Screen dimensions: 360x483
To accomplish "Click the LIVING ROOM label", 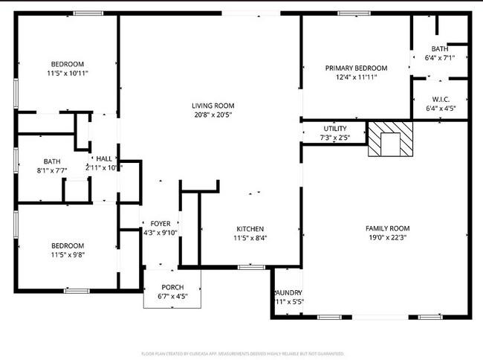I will [x=213, y=106].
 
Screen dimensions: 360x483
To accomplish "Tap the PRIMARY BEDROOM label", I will [x=356, y=68].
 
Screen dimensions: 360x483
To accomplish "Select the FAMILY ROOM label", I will [x=386, y=228].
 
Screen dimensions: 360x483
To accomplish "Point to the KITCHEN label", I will [x=250, y=228].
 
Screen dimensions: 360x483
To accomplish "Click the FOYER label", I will [x=161, y=223].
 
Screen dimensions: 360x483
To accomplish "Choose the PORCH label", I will [x=172, y=287].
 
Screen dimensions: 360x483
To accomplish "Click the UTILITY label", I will [x=334, y=129].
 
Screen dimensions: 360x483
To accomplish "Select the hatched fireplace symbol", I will [x=392, y=139].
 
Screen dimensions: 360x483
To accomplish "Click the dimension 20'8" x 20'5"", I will [x=213, y=115].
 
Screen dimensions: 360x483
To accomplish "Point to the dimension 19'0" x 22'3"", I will [x=386, y=237].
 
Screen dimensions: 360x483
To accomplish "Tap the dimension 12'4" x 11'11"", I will [x=356, y=77].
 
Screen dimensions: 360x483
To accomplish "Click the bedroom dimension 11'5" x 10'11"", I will [x=67, y=73].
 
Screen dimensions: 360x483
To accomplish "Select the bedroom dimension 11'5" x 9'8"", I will [x=67, y=254].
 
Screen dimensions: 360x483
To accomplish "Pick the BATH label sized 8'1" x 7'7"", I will [x=52, y=161].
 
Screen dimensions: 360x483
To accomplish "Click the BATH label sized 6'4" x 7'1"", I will [x=438, y=48].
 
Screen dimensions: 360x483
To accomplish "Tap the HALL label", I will [x=103, y=158].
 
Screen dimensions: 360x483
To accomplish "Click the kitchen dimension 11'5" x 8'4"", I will [x=250, y=237].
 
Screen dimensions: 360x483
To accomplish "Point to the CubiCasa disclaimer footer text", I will [x=243, y=354].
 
